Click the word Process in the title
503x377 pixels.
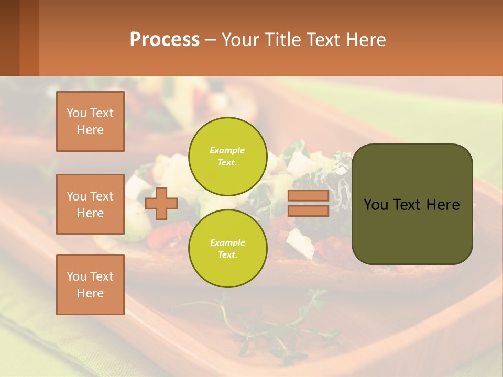[165, 39]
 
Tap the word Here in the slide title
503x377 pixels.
[365, 39]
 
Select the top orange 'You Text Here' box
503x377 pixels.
[90, 121]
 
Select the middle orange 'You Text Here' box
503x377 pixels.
[90, 204]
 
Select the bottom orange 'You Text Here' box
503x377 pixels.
[90, 285]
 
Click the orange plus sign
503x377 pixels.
[161, 203]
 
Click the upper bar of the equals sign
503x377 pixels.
[308, 196]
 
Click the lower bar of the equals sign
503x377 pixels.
[308, 211]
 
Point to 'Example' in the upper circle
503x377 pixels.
[227, 150]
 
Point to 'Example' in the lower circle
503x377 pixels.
[227, 242]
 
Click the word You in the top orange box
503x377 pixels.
[76, 113]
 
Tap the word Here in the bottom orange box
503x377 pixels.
[90, 293]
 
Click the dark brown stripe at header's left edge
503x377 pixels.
[9, 38]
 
